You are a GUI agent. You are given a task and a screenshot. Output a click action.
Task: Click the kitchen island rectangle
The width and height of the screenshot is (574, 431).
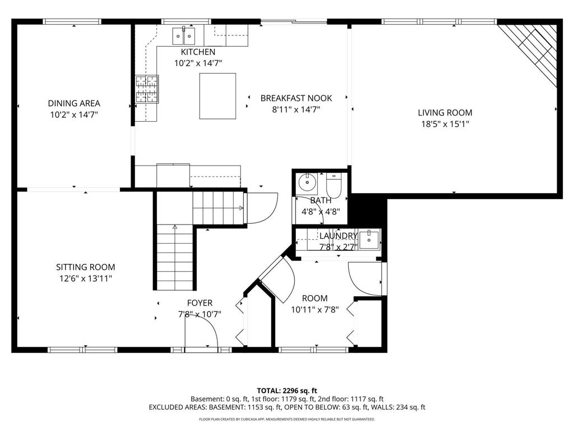[217, 96]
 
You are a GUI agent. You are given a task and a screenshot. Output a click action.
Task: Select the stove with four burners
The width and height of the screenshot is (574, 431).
[146, 89]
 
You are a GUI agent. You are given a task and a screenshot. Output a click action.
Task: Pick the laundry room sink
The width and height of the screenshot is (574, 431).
[369, 240]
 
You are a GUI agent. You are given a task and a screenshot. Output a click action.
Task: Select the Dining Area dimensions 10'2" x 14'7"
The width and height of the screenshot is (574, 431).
[74, 114]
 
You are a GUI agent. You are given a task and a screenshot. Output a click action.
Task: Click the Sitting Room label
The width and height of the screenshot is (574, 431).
[85, 267]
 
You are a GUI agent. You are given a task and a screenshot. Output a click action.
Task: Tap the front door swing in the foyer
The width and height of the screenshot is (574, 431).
[202, 331]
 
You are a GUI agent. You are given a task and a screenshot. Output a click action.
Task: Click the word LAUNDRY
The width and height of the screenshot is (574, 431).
[338, 236]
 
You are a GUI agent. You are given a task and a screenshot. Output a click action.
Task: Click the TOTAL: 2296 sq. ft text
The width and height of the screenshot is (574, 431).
[287, 390]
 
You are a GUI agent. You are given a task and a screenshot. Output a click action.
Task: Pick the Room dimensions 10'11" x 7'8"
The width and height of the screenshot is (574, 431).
[314, 309]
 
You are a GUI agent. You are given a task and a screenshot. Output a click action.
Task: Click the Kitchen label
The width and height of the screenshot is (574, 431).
[198, 52]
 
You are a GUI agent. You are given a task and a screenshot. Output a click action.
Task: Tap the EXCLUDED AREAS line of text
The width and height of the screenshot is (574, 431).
[287, 407]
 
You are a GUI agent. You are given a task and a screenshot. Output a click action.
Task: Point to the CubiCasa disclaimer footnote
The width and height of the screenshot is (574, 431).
[287, 419]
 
